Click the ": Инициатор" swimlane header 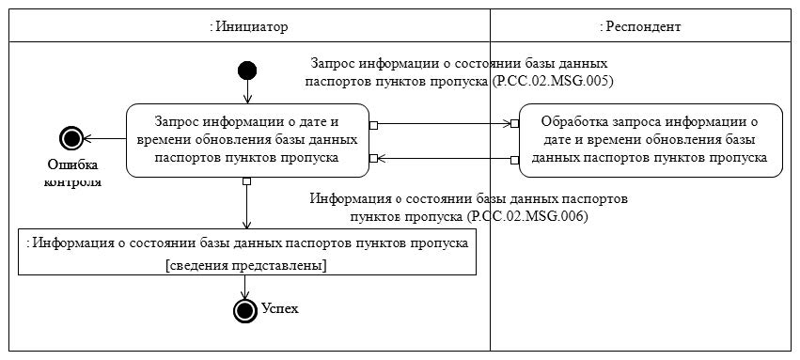point(248,27)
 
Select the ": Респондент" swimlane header point(639,27)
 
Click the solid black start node point(247,70)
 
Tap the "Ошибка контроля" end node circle point(71,139)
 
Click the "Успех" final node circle point(245,310)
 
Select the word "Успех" point(280,309)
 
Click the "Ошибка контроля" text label point(72,173)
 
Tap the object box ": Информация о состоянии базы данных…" point(248,252)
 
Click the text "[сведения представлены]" point(245,266)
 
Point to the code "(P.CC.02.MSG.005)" point(553,81)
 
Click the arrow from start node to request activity point(247,92)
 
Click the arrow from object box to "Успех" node point(245,288)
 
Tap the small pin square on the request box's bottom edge point(246,181)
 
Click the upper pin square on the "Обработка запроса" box point(515,124)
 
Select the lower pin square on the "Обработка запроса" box point(515,159)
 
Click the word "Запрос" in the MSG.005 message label point(333,64)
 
